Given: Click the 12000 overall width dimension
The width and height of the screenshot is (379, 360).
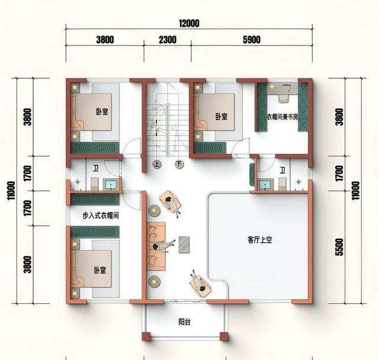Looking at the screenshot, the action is (x=189, y=24).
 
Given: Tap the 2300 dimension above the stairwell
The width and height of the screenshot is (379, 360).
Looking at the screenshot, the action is (x=168, y=40).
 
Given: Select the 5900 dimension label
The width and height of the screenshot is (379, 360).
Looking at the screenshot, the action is (x=252, y=40).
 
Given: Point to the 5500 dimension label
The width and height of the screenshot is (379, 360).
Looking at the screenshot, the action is (x=339, y=247).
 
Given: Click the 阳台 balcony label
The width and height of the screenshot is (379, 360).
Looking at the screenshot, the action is (x=185, y=322).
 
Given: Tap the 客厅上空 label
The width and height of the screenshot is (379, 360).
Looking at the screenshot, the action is (x=260, y=240).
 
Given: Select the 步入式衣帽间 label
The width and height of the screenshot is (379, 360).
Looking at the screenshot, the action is (x=101, y=216).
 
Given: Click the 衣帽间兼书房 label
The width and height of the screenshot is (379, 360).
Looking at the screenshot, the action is (x=282, y=117).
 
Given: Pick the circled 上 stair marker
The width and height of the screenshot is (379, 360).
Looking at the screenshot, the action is (x=156, y=165).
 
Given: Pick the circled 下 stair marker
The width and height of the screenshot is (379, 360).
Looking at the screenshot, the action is (x=179, y=165).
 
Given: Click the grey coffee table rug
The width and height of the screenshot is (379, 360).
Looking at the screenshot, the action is (x=184, y=245).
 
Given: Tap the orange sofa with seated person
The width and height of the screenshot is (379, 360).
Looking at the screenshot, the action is (x=156, y=246).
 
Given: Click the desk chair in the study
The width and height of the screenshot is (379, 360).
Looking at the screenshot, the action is (x=283, y=98).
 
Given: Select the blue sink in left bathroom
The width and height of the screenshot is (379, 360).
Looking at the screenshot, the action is (x=111, y=185).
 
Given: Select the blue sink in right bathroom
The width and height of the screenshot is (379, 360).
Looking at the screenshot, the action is (x=265, y=185).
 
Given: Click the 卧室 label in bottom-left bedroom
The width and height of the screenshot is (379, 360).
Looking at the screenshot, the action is (x=100, y=270).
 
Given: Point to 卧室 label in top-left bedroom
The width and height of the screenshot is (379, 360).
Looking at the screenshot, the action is (x=102, y=112).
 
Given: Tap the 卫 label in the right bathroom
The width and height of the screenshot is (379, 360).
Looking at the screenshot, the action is (x=282, y=171).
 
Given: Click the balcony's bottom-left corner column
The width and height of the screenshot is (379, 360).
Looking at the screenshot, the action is (x=146, y=336).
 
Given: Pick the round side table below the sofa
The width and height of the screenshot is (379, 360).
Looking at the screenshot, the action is (x=154, y=281).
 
